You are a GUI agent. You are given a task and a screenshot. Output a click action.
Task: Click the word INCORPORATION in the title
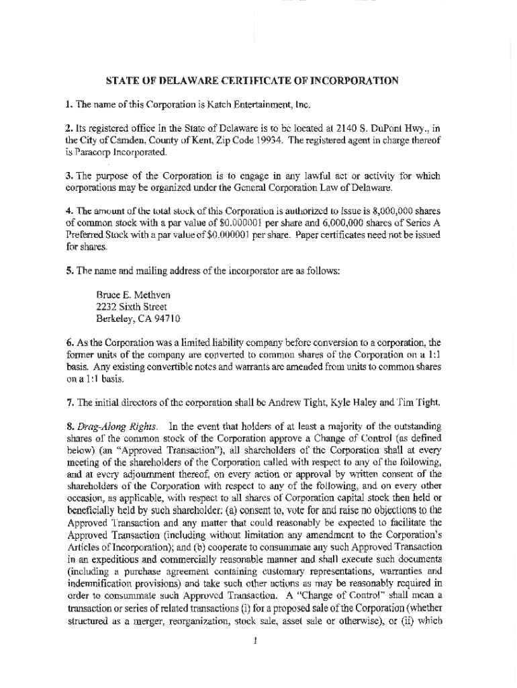[x=357, y=81]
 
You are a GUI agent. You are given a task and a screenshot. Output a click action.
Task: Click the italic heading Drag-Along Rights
[x=117, y=427]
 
